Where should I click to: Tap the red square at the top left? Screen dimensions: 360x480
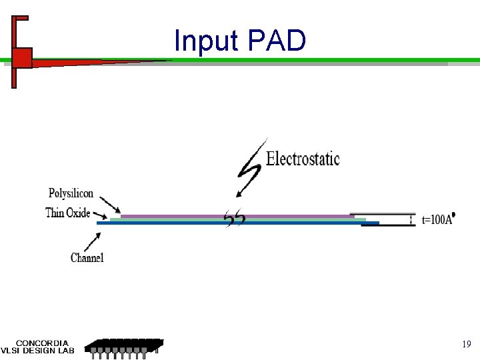[x=22, y=58]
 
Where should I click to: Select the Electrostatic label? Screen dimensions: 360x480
[x=303, y=159]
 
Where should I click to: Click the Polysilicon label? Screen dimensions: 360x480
[x=71, y=193]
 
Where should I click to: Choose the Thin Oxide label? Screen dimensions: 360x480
[x=67, y=213]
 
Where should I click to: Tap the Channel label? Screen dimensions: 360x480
[x=87, y=257]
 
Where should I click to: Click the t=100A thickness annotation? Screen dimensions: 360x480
[x=437, y=220]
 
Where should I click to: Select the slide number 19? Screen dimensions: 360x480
[x=467, y=345]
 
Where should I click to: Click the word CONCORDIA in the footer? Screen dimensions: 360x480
[x=42, y=343]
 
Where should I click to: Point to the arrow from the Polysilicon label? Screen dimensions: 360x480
[x=111, y=207]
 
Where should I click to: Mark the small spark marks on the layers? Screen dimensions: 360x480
[x=235, y=219]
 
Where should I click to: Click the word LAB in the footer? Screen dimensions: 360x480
[x=65, y=351]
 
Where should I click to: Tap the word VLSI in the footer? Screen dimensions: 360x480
[x=11, y=351]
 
